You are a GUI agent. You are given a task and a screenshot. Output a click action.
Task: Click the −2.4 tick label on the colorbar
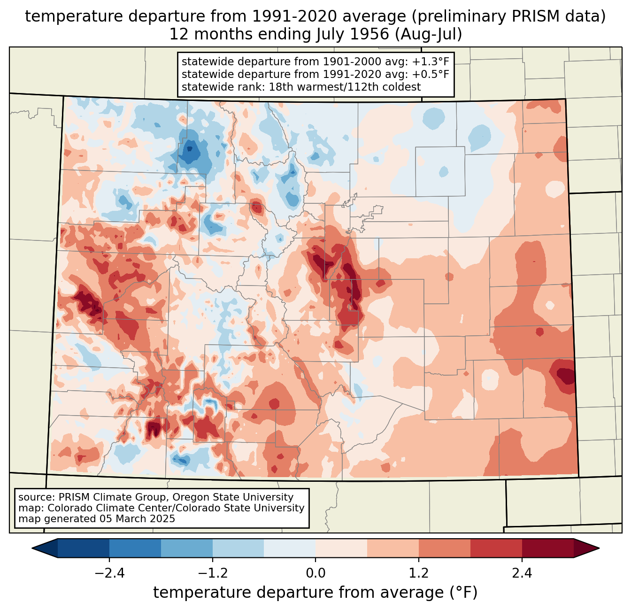pyautogui.click(x=109, y=573)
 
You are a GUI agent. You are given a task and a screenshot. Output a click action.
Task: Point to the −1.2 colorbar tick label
pyautogui.click(x=213, y=573)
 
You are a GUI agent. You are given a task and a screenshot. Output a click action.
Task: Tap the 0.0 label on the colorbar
pyautogui.click(x=315, y=573)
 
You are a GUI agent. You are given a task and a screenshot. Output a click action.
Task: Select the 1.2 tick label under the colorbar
pyautogui.click(x=419, y=573)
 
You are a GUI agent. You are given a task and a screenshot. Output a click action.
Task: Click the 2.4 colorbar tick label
pyautogui.click(x=522, y=573)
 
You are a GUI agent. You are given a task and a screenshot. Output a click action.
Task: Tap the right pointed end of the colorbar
pyautogui.click(x=599, y=548)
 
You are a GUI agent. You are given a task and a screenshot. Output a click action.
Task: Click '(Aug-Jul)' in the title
pyautogui.click(x=428, y=34)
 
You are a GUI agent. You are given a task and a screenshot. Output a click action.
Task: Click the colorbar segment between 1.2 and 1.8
pyautogui.click(x=444, y=548)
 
